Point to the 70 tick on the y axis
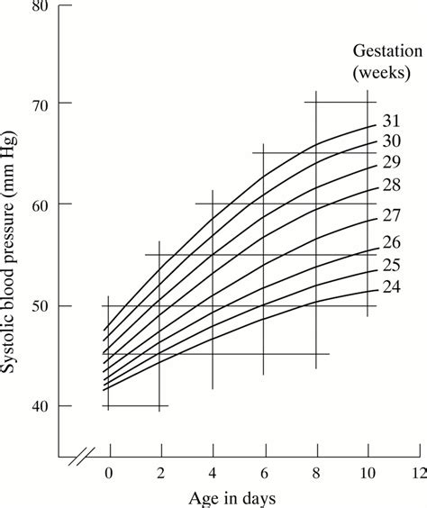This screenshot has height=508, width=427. click(x=39, y=104)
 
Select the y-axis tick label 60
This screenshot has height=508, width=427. click(x=39, y=204)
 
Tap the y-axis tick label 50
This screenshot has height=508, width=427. click(x=39, y=305)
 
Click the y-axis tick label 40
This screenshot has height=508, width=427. click(x=39, y=406)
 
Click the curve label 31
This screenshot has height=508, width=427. click(x=392, y=122)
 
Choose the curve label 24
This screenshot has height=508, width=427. click(x=392, y=287)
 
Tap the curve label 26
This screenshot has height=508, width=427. click(x=392, y=241)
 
